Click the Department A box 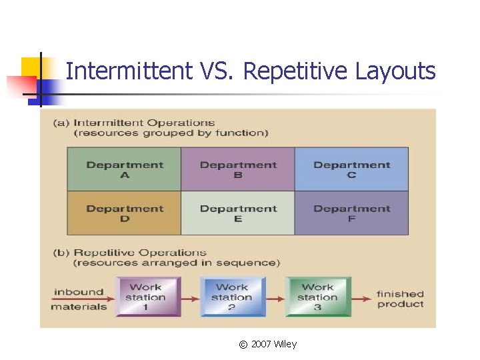coord(124,169)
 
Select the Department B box coord(238,169)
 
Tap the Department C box coord(351,169)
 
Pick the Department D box coord(124,213)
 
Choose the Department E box coord(238,213)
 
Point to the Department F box coord(351,213)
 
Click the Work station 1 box coord(145,297)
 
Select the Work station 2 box coord(231,297)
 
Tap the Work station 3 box coord(317,297)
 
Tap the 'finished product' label coord(400,299)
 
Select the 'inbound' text coord(79,291)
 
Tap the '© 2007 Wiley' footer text coord(267,344)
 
